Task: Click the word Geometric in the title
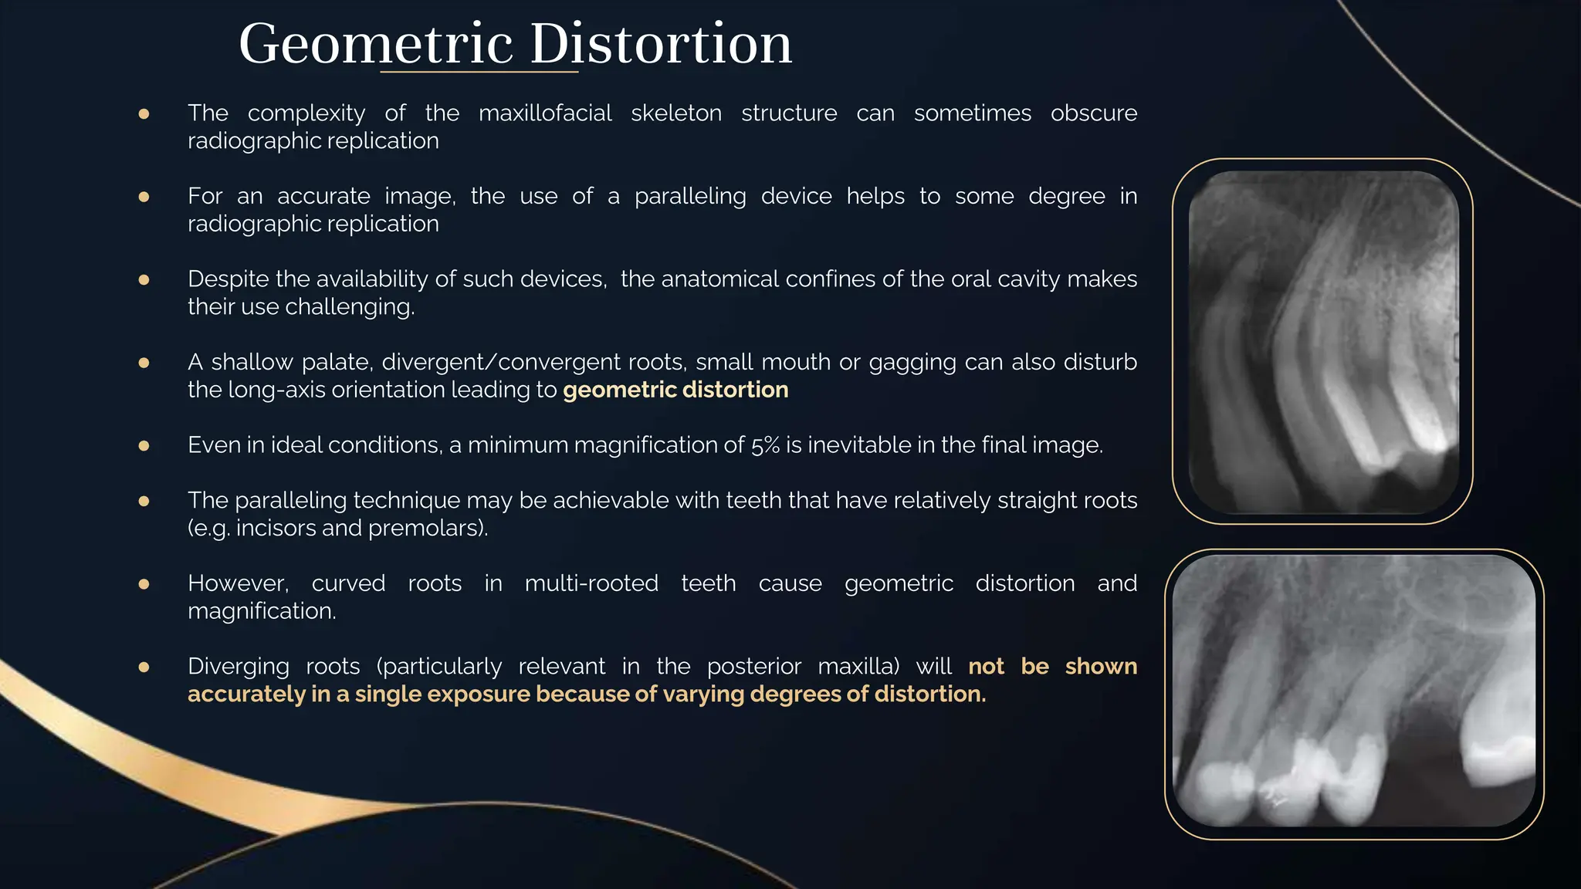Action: point(376,44)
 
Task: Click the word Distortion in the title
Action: point(661,44)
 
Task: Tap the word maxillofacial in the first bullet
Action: point(545,113)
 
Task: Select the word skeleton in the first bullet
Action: point(676,113)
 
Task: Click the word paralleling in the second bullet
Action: point(690,197)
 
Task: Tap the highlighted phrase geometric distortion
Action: point(675,390)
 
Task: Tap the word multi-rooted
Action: point(591,583)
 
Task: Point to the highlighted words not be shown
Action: point(1052,667)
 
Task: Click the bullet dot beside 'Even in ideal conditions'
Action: point(144,446)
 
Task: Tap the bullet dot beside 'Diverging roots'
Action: point(144,668)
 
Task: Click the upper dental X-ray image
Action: point(1323,341)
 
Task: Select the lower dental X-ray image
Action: point(1353,692)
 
